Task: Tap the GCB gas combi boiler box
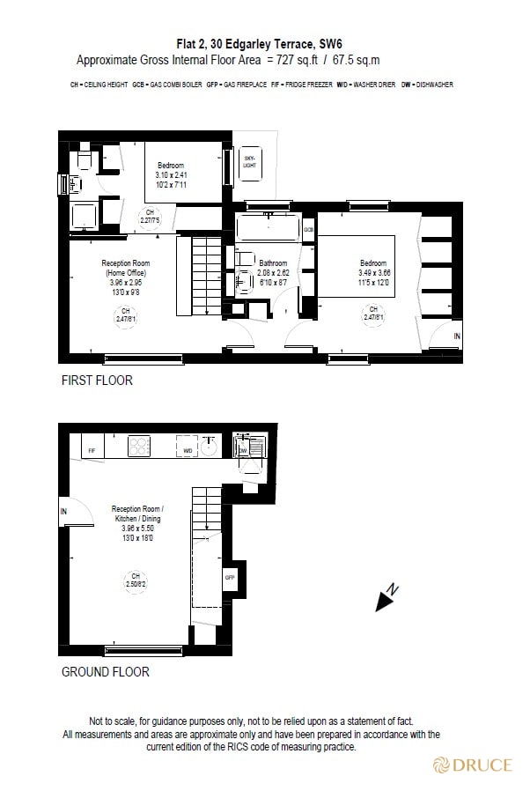[309, 230]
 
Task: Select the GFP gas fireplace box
[231, 577]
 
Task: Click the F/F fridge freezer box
[92, 450]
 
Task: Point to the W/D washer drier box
[188, 450]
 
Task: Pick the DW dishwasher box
[244, 450]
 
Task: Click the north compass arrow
[386, 598]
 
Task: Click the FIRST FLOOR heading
[97, 381]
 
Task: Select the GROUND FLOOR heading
[105, 671]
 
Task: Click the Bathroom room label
[273, 262]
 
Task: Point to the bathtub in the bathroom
[269, 228]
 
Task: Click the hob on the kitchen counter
[140, 447]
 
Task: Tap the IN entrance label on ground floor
[64, 511]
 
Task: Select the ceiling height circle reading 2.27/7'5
[150, 217]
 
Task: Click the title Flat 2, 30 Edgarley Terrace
[243, 42]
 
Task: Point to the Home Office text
[126, 273]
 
